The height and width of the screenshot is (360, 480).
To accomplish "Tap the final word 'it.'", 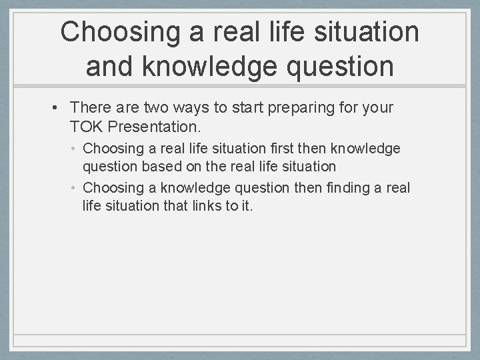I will pos(246,205).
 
